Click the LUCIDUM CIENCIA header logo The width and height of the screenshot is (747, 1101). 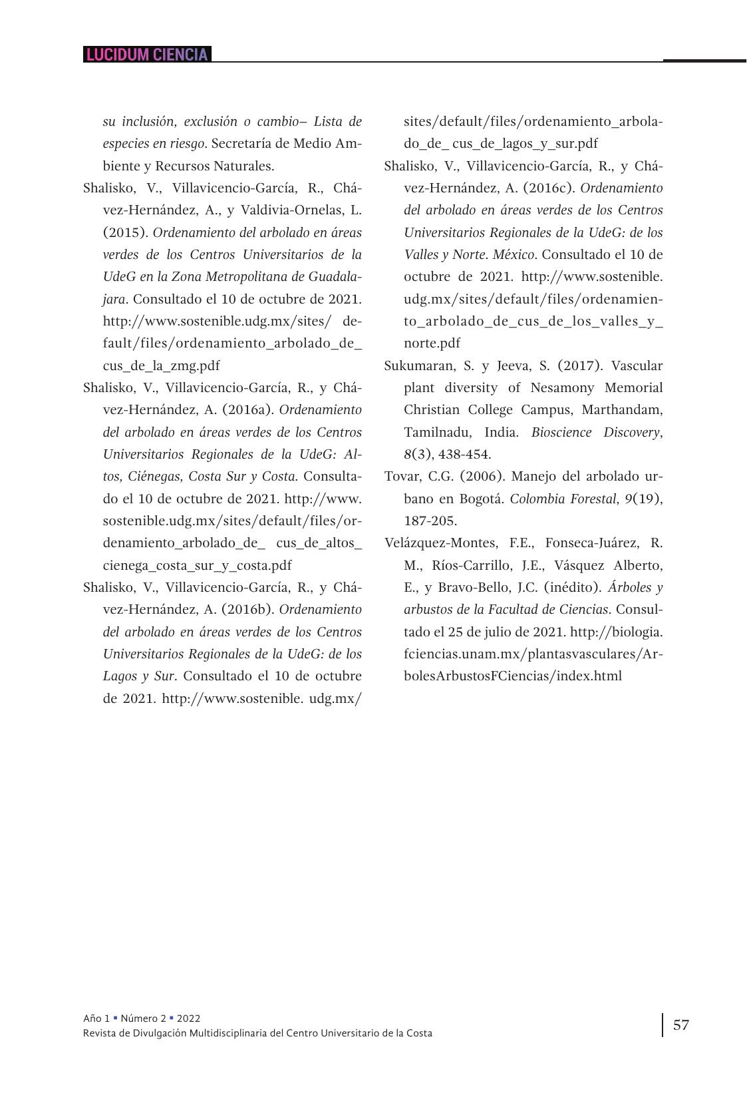coord(147,55)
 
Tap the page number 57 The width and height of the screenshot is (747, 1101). coord(681,1024)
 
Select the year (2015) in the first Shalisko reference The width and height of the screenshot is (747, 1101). coord(124,232)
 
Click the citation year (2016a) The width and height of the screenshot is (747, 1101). coord(249,409)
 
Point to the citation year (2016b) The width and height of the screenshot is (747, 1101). coord(249,609)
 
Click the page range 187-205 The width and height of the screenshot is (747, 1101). coord(430,521)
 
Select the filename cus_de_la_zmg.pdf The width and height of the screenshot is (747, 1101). coord(161,365)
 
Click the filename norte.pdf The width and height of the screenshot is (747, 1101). coord(432,343)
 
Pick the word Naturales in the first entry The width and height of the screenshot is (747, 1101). coord(244,166)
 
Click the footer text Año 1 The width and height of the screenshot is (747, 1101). coord(96,1018)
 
